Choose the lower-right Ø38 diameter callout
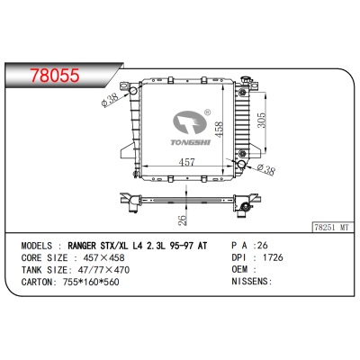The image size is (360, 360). [265, 169]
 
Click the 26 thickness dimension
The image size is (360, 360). [183, 220]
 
